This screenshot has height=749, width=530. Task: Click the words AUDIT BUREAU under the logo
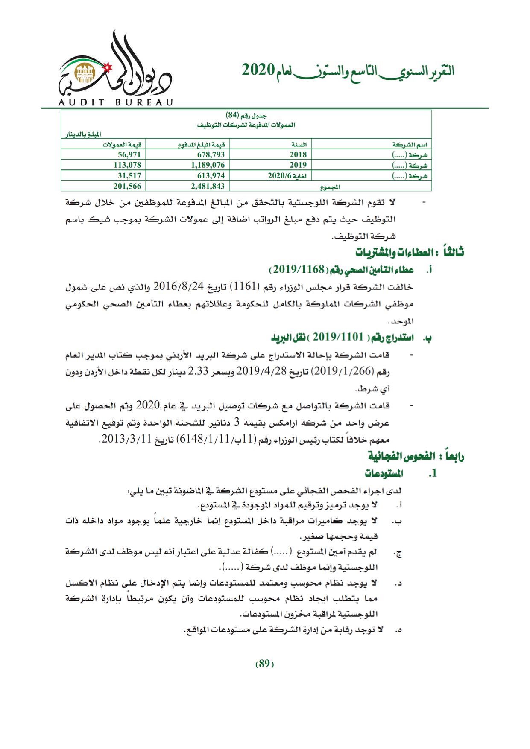coord(115,102)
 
